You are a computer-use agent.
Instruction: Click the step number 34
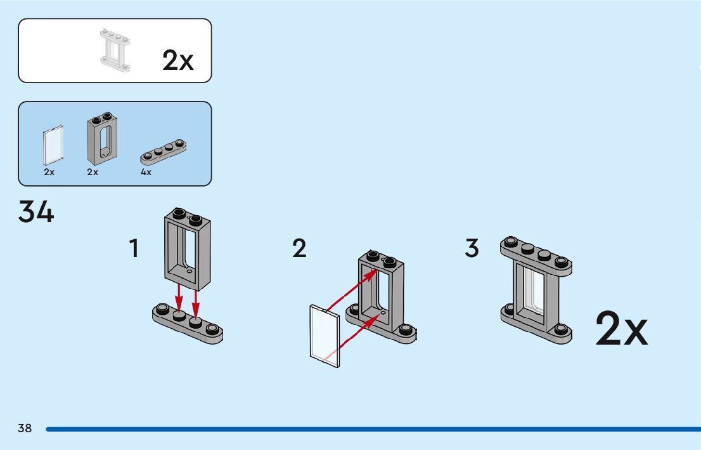click(x=36, y=212)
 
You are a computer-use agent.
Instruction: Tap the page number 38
click(x=25, y=428)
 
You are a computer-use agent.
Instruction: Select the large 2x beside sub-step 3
click(x=621, y=329)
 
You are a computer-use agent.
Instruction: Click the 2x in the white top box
click(x=177, y=60)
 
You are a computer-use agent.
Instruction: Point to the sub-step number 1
click(x=134, y=248)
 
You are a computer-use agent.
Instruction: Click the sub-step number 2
click(x=299, y=248)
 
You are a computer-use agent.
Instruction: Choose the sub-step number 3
click(x=472, y=248)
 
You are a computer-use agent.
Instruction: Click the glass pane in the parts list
click(x=53, y=146)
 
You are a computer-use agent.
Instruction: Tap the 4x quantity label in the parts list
click(x=146, y=172)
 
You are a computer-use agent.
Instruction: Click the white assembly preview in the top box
click(x=115, y=50)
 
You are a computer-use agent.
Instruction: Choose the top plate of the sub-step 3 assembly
click(x=536, y=253)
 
